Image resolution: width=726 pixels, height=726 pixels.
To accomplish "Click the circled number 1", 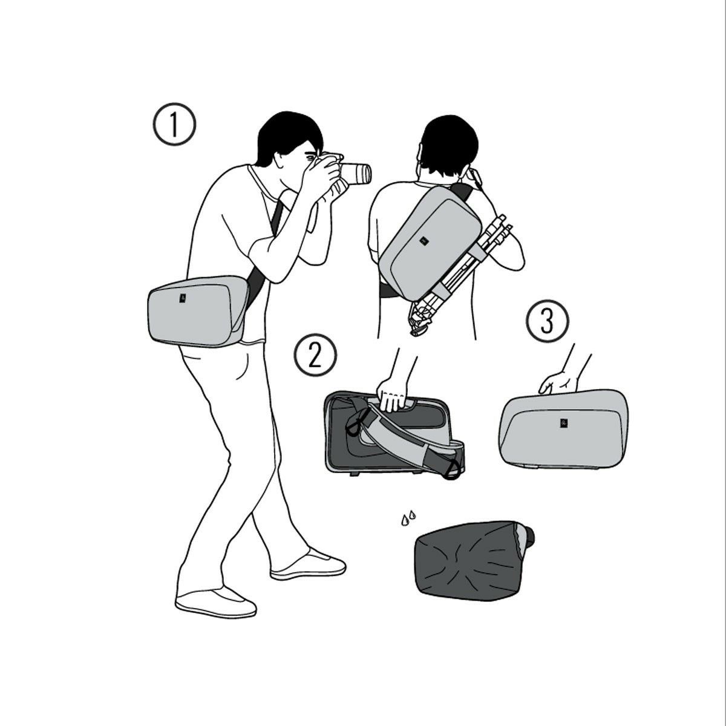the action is click(174, 124).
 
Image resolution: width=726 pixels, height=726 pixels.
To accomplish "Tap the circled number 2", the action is click(315, 355).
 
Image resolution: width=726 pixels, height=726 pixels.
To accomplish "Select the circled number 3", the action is click(548, 321).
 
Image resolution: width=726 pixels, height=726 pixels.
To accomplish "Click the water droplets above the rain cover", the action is click(408, 518).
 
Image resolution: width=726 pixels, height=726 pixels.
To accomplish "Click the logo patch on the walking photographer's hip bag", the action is click(183, 298).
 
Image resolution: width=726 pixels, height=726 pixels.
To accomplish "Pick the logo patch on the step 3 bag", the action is click(563, 423).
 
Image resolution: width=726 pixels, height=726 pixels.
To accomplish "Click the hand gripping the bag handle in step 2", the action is click(392, 395).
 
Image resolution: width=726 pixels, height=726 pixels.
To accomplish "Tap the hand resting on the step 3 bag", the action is click(558, 383).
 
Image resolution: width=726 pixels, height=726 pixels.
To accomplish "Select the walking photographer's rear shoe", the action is click(216, 603).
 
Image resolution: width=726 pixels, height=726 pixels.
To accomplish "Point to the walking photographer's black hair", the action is click(288, 136).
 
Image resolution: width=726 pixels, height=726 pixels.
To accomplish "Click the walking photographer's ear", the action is click(279, 160).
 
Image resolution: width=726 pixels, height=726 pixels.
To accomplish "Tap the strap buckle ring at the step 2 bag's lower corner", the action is click(453, 469).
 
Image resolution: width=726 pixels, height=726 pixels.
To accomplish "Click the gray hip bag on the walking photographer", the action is click(198, 311).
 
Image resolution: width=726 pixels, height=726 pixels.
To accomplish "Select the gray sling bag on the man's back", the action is click(430, 241).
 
